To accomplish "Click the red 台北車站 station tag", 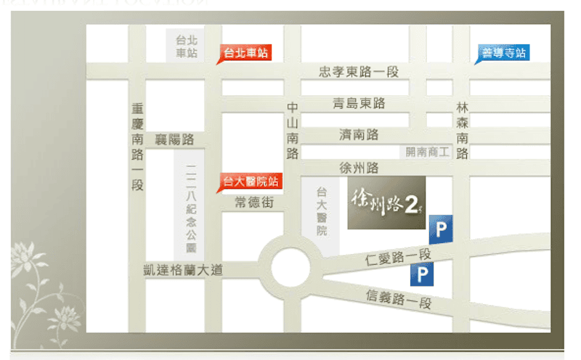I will click(245, 53).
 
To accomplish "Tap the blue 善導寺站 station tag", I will click(503, 53).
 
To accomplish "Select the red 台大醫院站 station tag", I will click(250, 182).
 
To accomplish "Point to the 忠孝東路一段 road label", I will click(359, 72).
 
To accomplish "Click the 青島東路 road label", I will click(359, 104).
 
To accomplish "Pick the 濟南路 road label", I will click(359, 135).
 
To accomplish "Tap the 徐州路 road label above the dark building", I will click(359, 168).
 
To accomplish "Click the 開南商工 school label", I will click(428, 152).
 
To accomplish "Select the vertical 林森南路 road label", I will click(463, 130).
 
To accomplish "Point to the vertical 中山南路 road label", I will click(293, 130).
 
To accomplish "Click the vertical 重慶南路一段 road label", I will click(138, 147).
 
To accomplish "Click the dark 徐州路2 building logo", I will click(386, 202).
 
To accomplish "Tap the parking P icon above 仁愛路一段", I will click(440, 230).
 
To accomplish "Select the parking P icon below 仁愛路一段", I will click(421, 274).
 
